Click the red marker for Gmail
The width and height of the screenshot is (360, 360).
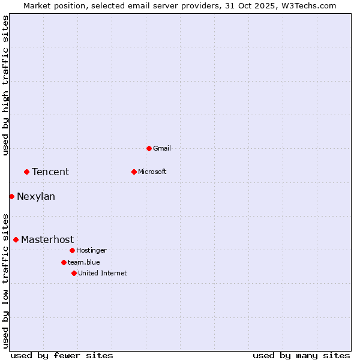149,148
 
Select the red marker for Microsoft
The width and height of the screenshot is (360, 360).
134,172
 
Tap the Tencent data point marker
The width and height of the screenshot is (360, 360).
26,172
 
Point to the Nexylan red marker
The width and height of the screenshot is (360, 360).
11,196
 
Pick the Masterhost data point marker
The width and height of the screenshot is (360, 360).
16,239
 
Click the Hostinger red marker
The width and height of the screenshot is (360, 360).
72,250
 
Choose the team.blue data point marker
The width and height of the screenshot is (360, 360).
64,262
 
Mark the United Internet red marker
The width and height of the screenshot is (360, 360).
74,273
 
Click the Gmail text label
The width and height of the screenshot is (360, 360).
162,148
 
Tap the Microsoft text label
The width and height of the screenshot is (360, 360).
152,172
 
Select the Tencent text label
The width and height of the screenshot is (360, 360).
50,172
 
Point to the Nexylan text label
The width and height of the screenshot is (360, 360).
36,196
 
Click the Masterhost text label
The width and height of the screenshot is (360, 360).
47,239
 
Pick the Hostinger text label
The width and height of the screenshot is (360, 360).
91,250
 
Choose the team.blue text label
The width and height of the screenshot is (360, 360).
83,262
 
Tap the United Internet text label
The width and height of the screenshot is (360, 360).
102,273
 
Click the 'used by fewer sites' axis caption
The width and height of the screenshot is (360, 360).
62,355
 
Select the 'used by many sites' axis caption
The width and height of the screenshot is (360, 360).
301,355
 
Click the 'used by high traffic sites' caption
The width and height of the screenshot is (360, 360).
5,85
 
